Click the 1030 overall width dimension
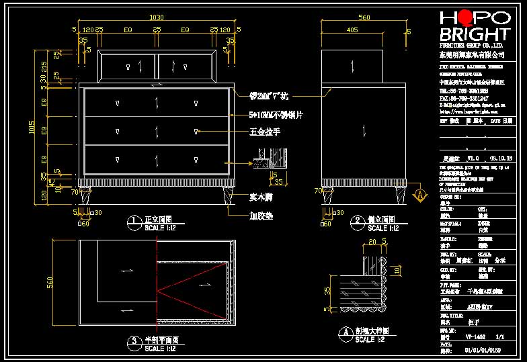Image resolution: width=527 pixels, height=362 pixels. click(157, 17)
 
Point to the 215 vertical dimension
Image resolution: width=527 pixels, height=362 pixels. click(44, 67)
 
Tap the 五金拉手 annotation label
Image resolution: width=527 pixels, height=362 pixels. click(265, 132)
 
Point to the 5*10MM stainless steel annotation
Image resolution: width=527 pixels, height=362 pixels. click(276, 115)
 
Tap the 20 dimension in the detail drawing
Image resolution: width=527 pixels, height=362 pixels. click(372, 241)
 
